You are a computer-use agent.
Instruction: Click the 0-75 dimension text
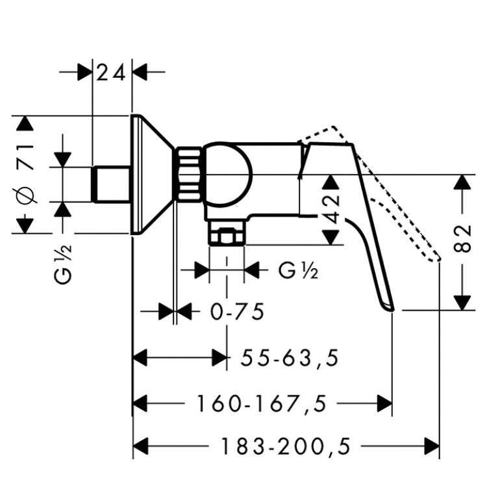click(238, 312)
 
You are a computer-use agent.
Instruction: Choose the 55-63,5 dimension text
click(290, 358)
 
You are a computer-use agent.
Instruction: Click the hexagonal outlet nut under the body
click(227, 237)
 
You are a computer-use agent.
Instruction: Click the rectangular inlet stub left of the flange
click(112, 184)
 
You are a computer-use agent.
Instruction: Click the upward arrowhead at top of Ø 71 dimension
click(25, 123)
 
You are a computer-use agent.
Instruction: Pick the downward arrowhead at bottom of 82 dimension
click(462, 303)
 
